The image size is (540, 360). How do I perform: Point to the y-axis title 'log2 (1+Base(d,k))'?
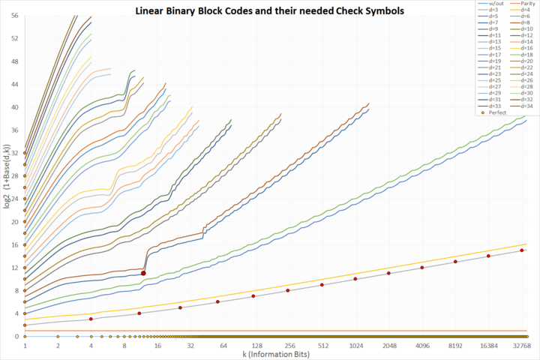pos(6,179)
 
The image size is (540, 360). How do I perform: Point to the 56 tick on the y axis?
pos(14,15)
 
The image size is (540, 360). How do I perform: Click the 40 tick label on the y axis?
pos(14,106)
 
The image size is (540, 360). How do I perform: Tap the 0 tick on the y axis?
pos(16,336)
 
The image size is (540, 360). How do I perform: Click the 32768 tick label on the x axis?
pos(521,346)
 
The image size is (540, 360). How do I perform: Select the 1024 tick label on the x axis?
pos(355,346)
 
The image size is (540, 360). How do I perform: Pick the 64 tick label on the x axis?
pos(223,346)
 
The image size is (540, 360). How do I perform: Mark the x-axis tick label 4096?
pos(421,346)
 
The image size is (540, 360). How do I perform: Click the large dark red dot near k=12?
pos(143,273)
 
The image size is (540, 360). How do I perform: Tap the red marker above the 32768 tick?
pos(521,250)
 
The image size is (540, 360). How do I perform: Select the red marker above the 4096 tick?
pos(421,268)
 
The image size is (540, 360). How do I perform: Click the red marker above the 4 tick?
pos(91,319)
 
